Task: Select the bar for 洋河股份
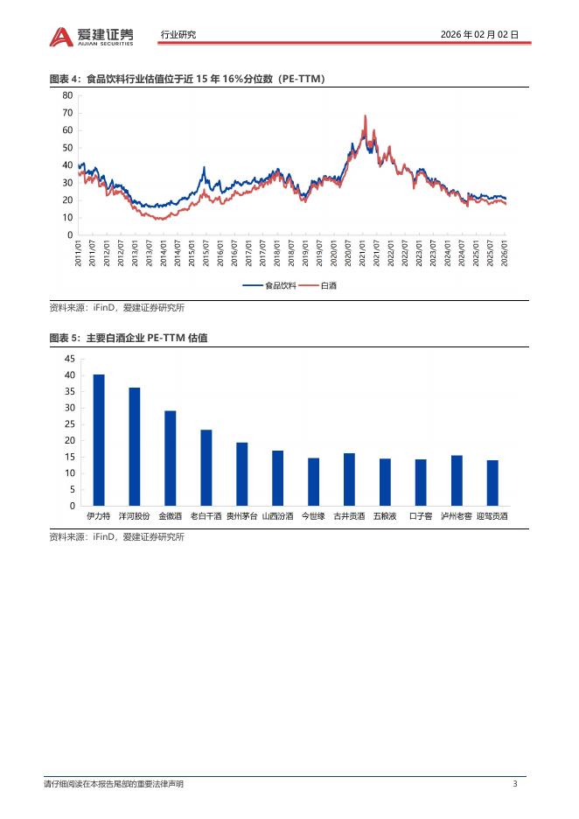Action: pos(135,446)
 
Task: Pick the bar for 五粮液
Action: pos(385,482)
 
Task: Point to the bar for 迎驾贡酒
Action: pos(492,483)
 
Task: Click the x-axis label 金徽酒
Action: pos(170,516)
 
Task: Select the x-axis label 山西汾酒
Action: pos(277,516)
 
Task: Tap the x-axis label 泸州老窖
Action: pos(457,516)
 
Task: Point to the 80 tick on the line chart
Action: pos(67,95)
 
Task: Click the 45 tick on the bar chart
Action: pos(69,359)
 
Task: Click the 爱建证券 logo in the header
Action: pos(92,35)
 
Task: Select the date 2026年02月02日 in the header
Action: pos(480,35)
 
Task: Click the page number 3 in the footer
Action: pos(515,784)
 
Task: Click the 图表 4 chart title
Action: pos(187,80)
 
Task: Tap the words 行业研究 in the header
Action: pos(178,35)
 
